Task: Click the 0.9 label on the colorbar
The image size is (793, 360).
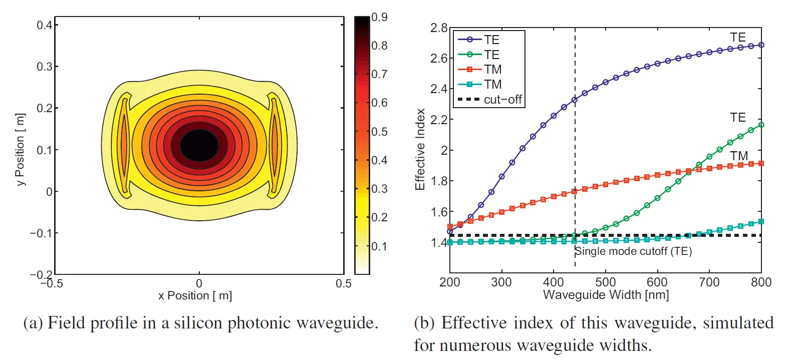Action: pos(379,17)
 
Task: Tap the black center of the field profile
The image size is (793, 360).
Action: pos(199,145)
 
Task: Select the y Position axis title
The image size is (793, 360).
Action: pos(20,149)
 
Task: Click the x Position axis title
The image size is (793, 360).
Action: pos(195,295)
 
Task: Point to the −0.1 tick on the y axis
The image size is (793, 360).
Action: pos(41,233)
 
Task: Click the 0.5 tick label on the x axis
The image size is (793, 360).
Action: pos(344,284)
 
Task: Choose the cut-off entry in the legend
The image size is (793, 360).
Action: pos(490,99)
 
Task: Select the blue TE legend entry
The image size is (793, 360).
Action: pos(479,40)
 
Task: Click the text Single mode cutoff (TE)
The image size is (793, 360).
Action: pos(633,251)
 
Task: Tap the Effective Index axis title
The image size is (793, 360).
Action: pos(420,149)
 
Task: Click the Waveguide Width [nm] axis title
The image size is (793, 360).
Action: pos(606,294)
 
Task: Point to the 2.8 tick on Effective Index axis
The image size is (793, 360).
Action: pos(439,28)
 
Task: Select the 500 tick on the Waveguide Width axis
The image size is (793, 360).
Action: pos(605,282)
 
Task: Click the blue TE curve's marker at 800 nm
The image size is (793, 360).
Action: pos(761,45)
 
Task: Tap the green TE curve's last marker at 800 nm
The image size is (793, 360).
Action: pos(761,125)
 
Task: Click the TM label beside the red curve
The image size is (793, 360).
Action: pos(739,156)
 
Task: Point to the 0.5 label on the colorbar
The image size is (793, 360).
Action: pos(379,132)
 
